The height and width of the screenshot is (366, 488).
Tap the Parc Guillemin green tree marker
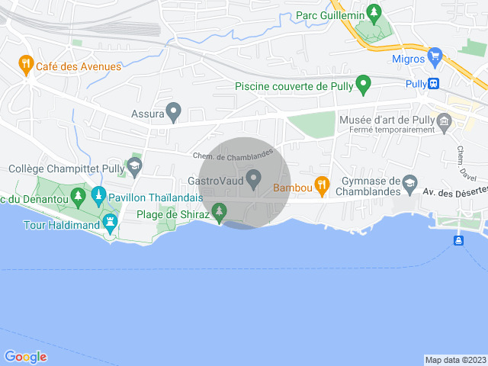(373, 12)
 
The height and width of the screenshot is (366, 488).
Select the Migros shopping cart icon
(435, 56)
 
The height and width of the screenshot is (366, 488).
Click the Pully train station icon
(434, 84)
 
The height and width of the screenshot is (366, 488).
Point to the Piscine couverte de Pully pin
(364, 84)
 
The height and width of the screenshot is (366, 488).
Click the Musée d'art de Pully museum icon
(445, 120)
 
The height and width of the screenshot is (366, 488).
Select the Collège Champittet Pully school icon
(134, 165)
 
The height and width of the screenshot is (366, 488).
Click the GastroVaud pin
(255, 180)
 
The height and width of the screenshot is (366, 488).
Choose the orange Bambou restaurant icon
(322, 184)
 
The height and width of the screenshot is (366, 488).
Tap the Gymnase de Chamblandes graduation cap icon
(409, 182)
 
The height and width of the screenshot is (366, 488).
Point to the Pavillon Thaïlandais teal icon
(98, 197)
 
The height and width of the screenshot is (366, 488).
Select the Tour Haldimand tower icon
(111, 223)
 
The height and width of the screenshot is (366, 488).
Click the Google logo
(25, 357)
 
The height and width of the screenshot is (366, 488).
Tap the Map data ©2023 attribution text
(454, 360)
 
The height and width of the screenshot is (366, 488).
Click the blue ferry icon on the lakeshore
(459, 241)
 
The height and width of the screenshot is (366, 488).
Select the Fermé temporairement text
(392, 130)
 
